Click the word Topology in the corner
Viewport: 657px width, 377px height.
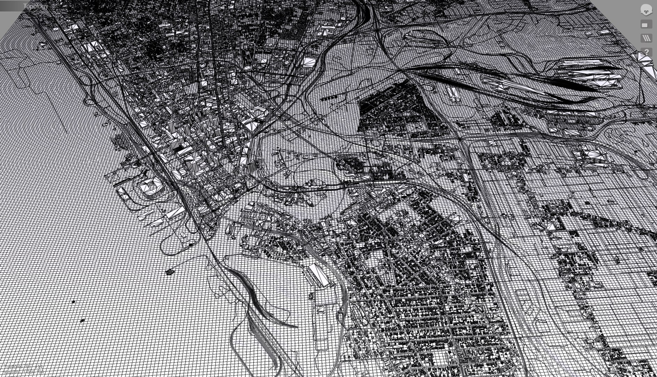(35, 6)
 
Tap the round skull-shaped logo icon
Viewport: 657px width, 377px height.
(646, 10)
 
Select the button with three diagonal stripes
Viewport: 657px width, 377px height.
(646, 38)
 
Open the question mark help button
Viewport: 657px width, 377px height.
(646, 52)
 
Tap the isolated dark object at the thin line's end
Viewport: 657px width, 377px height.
(170, 272)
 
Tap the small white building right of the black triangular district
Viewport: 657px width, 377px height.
(453, 93)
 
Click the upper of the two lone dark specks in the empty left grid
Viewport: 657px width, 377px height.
(73, 302)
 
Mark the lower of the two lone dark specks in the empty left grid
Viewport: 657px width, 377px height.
(83, 320)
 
